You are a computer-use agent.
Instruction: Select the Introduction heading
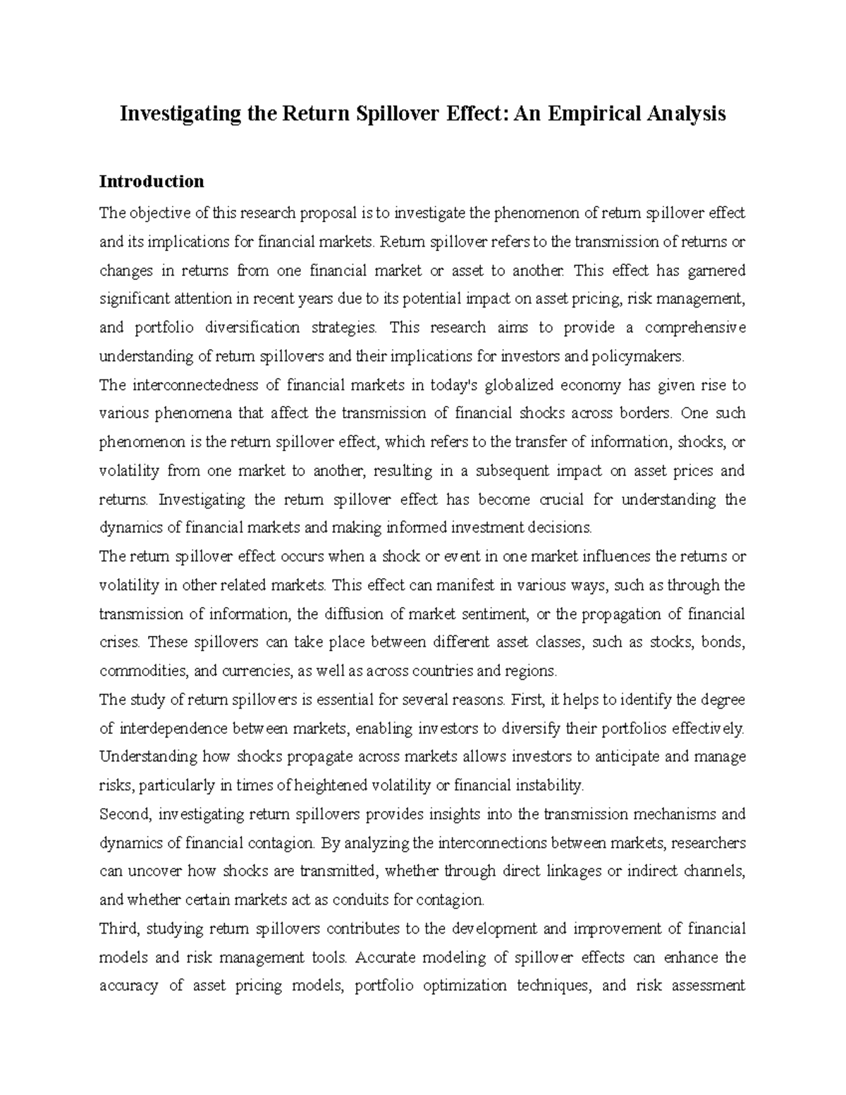click(152, 181)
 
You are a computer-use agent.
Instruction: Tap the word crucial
click(559, 500)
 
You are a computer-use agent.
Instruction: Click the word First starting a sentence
click(527, 700)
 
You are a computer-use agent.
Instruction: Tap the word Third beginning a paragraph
click(121, 929)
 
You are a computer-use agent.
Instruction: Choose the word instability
click(550, 785)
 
